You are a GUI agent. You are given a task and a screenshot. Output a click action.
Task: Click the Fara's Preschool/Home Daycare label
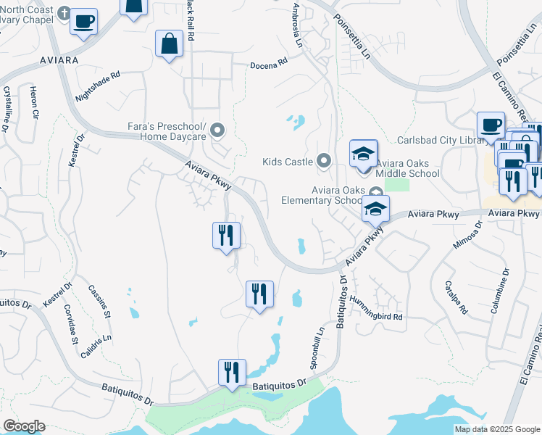(167, 130)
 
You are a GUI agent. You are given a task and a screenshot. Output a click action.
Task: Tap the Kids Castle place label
(288, 161)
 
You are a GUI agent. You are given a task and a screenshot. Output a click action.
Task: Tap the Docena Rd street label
(269, 64)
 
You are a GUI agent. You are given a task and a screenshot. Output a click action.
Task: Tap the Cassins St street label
(99, 302)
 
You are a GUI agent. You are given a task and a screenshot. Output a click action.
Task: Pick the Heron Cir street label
(33, 103)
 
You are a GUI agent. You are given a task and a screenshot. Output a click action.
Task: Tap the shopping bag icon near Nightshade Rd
(169, 43)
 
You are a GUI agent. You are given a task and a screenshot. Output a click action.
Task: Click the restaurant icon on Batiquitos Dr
(232, 373)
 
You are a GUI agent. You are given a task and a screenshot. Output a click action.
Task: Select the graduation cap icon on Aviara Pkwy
(375, 209)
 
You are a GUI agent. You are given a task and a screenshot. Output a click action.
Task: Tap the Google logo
(24, 426)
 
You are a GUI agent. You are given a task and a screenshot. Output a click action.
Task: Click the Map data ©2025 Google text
(496, 429)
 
